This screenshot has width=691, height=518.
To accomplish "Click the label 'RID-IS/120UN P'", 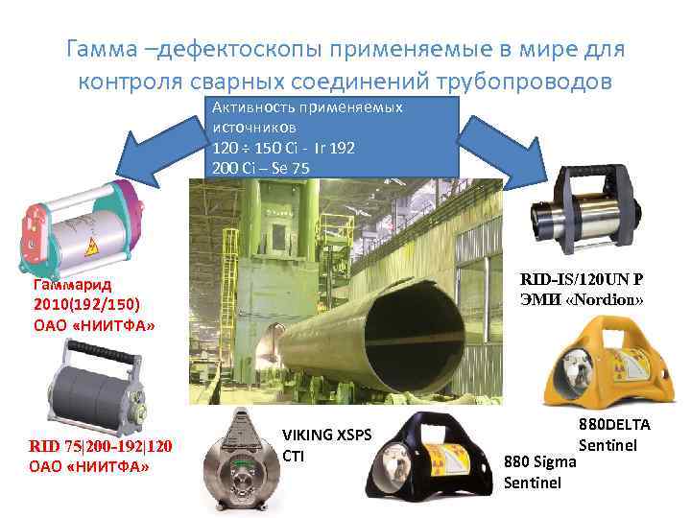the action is coord(582,279).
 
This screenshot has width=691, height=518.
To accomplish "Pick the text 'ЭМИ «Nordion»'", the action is coord(582,299).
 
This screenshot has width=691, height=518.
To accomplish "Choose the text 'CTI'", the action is coord(293,455).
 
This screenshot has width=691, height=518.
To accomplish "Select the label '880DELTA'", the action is coord(614,424).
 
